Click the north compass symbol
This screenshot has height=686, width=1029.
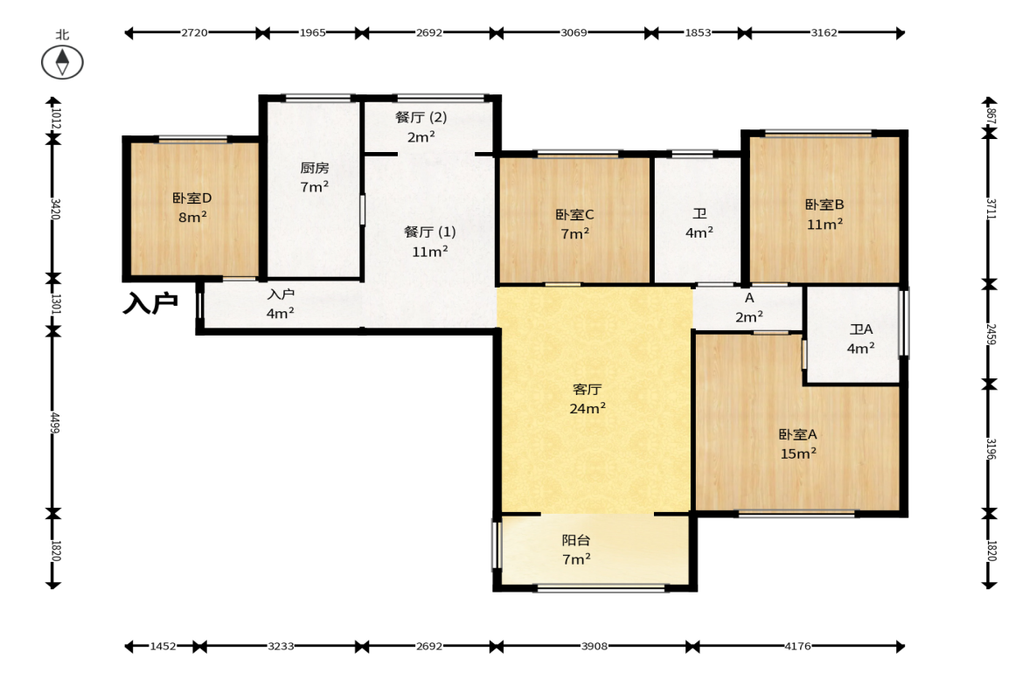point(62,62)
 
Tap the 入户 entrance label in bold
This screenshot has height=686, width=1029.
point(150,303)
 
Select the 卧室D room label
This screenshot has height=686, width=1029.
point(191,197)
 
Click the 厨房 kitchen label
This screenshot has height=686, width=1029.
point(315,168)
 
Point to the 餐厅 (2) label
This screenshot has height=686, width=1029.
point(421,117)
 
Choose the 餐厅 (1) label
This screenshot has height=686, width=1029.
point(430,232)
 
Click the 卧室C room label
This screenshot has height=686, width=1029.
point(574,214)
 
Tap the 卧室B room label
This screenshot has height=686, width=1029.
point(824,204)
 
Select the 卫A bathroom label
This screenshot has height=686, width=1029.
point(861,329)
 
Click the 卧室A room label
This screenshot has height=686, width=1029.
point(797,434)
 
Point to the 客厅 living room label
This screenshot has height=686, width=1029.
point(587,390)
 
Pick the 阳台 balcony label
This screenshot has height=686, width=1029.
point(575,540)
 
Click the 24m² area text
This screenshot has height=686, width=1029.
point(588,409)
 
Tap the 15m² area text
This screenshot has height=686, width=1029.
point(798,454)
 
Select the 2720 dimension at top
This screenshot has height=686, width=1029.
point(194,33)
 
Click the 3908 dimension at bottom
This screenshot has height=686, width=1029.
point(594,647)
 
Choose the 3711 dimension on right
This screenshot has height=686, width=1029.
point(991,209)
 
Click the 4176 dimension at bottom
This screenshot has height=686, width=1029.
point(797,647)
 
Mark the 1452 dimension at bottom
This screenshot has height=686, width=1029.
point(163,647)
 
